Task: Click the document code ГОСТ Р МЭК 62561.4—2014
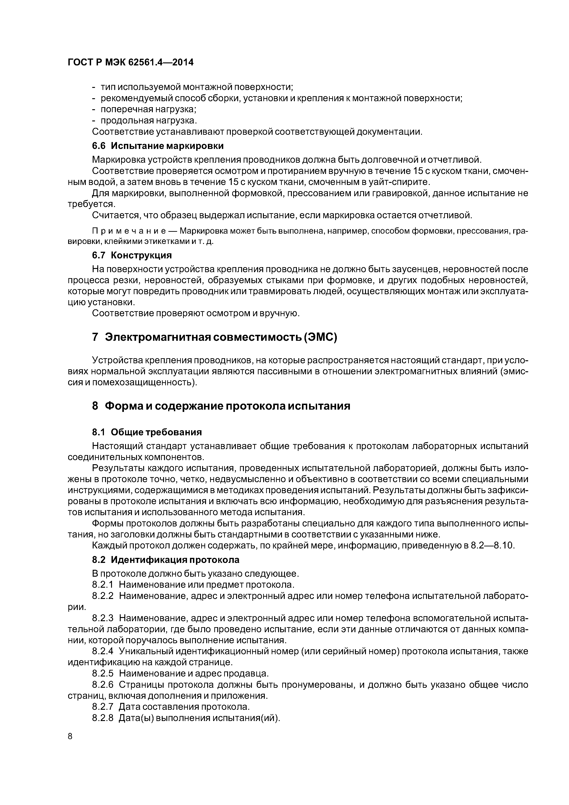pyautogui.click(x=130, y=62)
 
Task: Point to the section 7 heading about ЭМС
pyautogui.click(x=214, y=337)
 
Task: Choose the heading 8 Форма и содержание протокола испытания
pyautogui.click(x=221, y=406)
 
